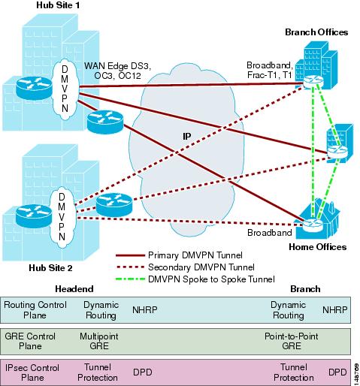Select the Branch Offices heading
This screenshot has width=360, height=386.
(316, 32)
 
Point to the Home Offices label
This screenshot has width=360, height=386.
(316, 246)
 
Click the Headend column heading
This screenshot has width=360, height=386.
(74, 288)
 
